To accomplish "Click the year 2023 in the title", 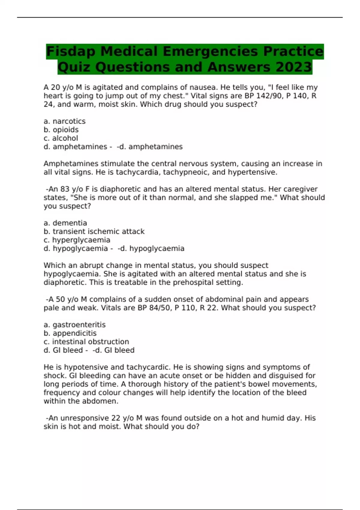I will coord(294,67).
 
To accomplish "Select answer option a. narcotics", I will coord(64,121).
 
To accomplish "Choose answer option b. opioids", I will coord(61,130).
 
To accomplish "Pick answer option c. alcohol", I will coord(61,138).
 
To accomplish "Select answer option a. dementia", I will coord(65,223).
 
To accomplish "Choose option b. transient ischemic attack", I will coord(94,232).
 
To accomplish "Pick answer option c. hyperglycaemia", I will coord(77,240).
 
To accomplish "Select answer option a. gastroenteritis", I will coord(75,325).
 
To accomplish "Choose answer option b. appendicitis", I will coord(70,333).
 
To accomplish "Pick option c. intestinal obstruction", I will coord(86,342).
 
